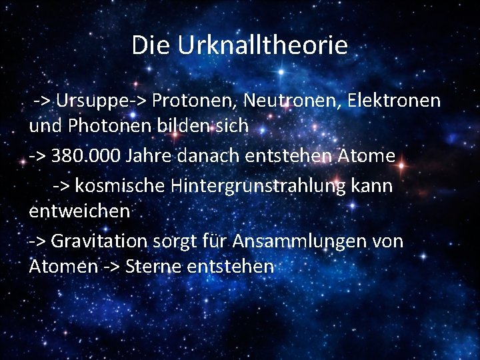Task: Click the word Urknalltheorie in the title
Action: coord(262,45)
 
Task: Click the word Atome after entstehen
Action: coord(366,156)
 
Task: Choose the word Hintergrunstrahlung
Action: coord(258,186)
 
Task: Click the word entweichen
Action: coord(79,211)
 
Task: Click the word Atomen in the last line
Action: coord(63,266)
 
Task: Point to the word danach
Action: coord(204,156)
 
